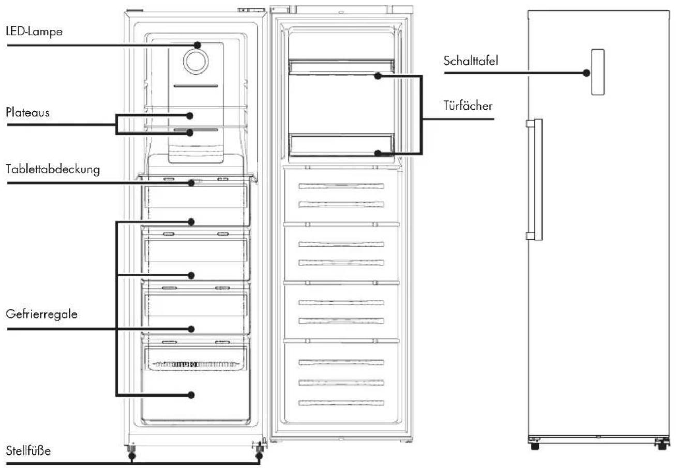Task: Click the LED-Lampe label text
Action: pos(34,32)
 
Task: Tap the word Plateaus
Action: pos(27,112)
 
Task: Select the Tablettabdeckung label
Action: pos(53,169)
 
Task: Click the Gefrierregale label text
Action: pos(41,314)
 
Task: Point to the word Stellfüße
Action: pos(28,450)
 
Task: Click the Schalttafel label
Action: pos(471,61)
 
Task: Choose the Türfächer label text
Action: pos(468,106)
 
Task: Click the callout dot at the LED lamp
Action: pos(198,46)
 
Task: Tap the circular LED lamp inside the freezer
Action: pos(196,61)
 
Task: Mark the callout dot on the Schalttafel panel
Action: pos(586,73)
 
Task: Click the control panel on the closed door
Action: pos(597,72)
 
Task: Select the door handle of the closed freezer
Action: pos(535,180)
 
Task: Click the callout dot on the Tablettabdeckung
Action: pos(191,183)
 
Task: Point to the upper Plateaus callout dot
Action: pos(190,115)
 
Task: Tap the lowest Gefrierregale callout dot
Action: pos(191,395)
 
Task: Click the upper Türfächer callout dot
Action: pos(378,76)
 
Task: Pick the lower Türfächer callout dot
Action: pos(378,153)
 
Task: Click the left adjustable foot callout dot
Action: pos(132,456)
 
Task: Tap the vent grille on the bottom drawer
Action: pos(195,364)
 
